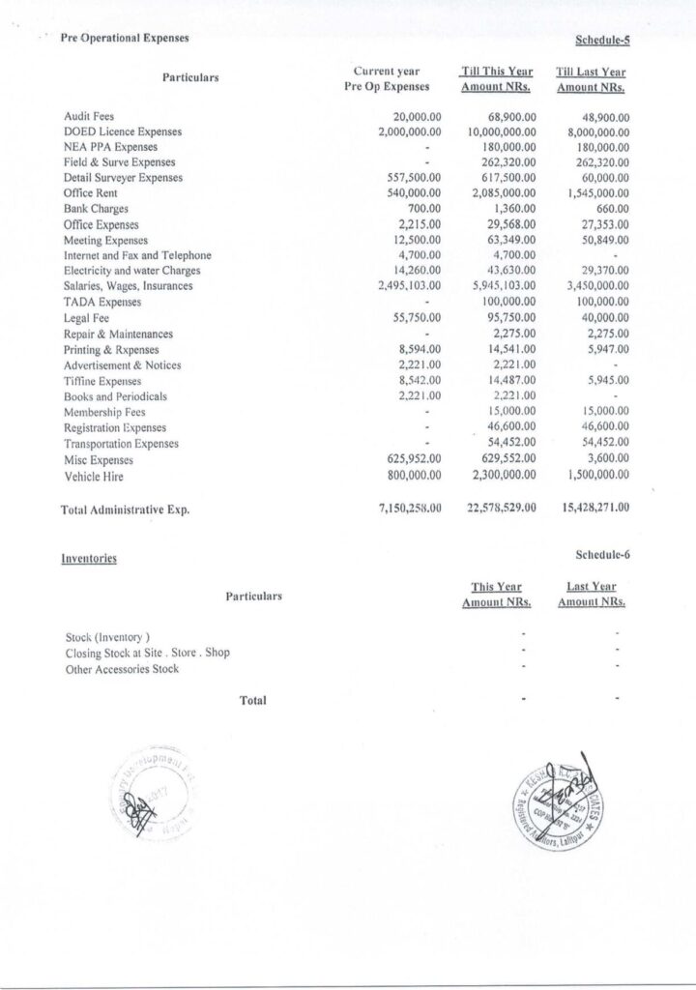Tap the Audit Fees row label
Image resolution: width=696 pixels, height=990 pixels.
(x=88, y=116)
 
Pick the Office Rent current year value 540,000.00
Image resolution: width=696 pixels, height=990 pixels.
(x=414, y=193)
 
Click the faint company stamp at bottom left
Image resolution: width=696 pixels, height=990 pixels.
(x=160, y=791)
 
